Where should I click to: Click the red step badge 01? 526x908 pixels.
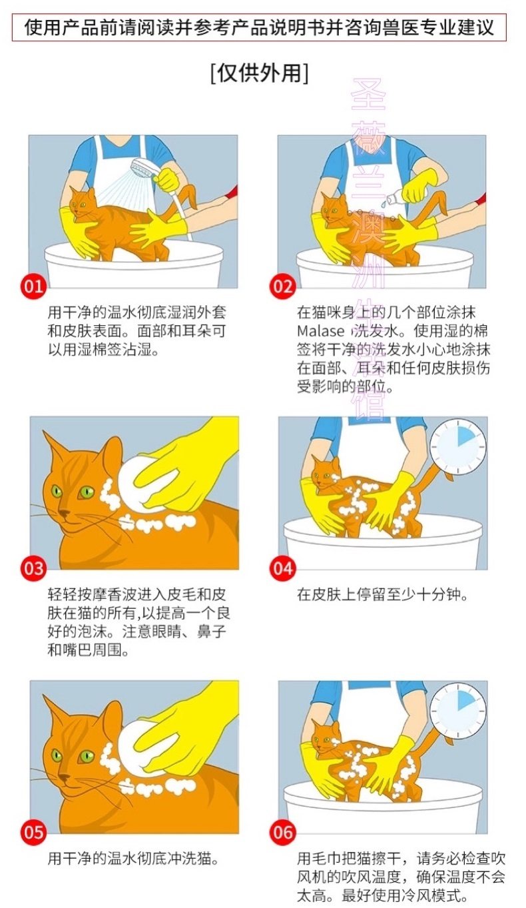point(34,287)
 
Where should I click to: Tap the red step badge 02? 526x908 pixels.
point(282,287)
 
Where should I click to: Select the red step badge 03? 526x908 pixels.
point(34,568)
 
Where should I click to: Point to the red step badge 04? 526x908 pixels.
point(282,568)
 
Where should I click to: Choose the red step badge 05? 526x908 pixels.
point(34,833)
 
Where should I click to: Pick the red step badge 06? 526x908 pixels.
point(282,833)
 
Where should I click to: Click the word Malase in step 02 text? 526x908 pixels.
point(320,331)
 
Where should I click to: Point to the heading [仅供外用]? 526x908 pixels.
point(260,73)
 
